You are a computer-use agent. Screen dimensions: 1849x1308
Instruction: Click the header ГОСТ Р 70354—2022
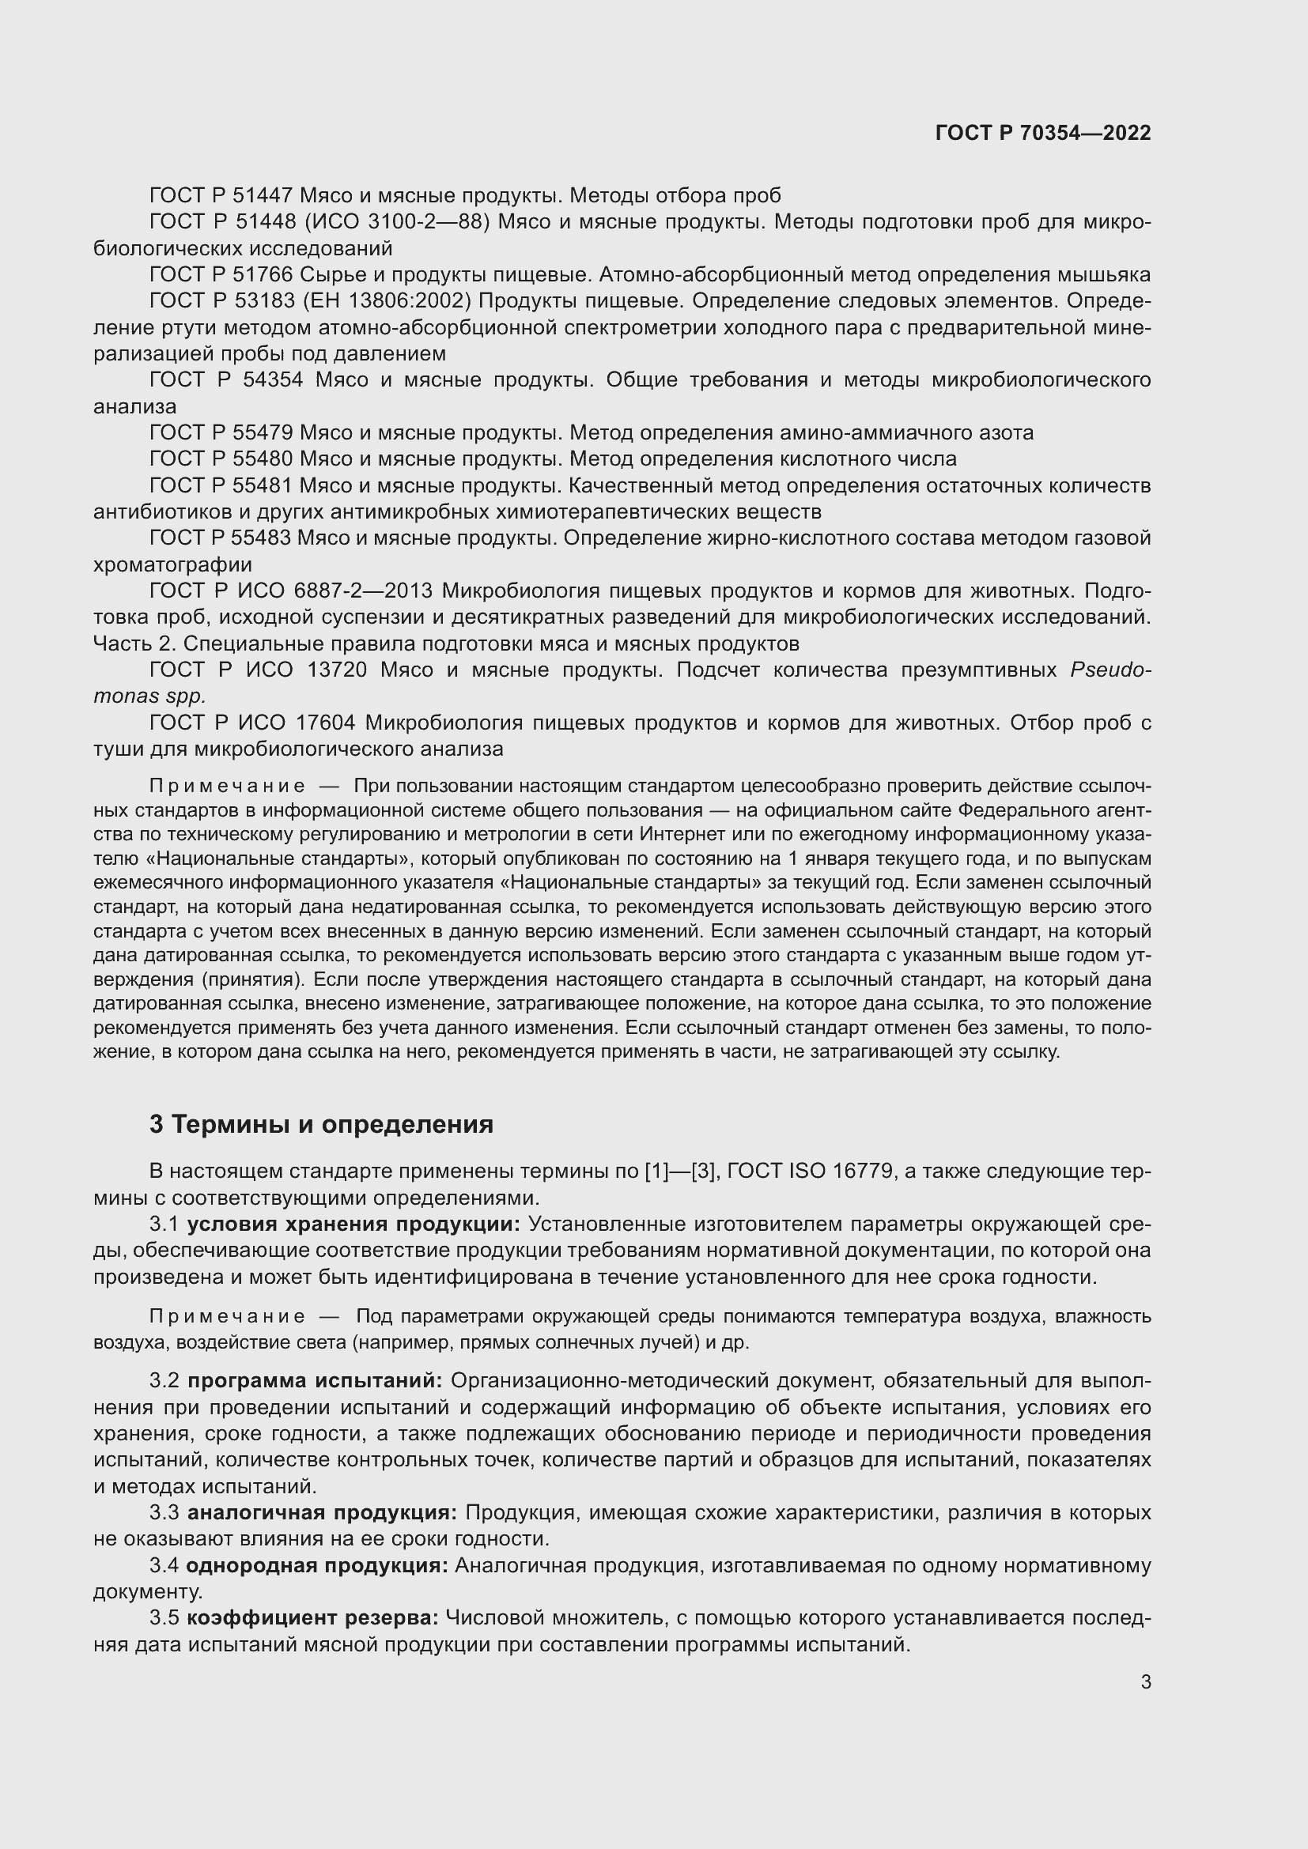[1043, 133]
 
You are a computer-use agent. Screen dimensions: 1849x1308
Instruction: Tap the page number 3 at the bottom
[1145, 1681]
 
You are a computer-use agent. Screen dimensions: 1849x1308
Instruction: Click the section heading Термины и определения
[332, 1123]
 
